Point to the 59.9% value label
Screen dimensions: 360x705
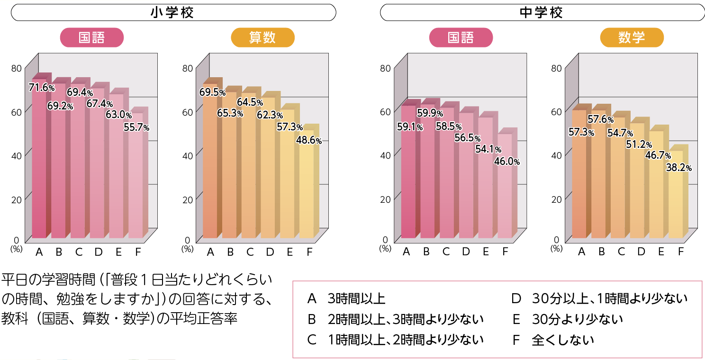[430, 113]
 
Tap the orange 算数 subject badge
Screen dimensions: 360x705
[262, 37]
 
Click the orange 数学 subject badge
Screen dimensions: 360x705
[632, 37]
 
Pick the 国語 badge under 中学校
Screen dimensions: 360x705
[461, 37]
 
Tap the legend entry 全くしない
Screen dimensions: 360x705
[563, 340]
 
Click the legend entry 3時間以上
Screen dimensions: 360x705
[357, 298]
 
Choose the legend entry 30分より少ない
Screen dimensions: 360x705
[577, 319]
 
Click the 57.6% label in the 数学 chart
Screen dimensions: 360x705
[600, 119]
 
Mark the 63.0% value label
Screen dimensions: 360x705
[118, 115]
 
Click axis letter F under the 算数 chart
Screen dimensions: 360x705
[309, 252]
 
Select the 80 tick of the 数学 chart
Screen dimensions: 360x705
[556, 68]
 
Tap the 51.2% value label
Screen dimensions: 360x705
[639, 144]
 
